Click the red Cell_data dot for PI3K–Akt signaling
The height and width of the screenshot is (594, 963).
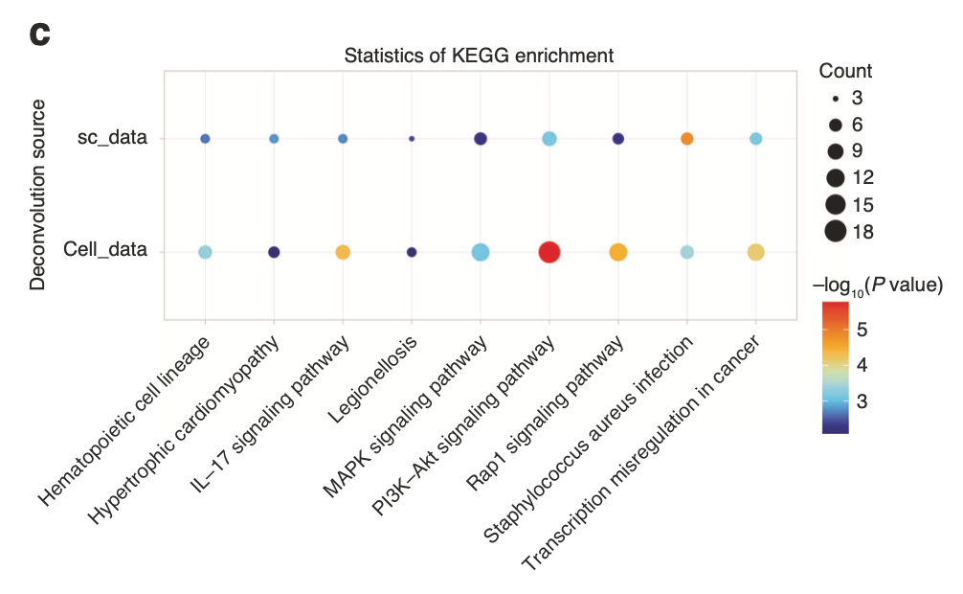549,252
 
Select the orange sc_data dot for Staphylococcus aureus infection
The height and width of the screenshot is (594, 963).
686,139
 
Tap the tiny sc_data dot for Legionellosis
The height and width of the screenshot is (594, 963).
412,139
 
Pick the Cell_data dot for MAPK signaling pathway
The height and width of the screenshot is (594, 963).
481,252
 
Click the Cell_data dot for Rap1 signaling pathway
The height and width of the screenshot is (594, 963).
617,252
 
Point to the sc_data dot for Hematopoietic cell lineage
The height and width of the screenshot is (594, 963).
205,139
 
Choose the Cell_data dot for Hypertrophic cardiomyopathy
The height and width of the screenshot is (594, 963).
274,252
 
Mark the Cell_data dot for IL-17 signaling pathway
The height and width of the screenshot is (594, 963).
343,252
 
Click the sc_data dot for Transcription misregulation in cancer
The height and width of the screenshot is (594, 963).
755,139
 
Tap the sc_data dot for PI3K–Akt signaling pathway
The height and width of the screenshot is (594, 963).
549,139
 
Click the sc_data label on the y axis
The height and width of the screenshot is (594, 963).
112,139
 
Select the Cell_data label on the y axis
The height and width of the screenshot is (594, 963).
105,251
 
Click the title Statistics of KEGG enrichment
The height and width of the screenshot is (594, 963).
479,56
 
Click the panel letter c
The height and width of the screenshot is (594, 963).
39,34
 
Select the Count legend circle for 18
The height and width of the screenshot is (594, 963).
836,231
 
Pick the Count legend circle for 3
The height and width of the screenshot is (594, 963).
836,98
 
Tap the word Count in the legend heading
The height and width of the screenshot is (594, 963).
845,71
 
